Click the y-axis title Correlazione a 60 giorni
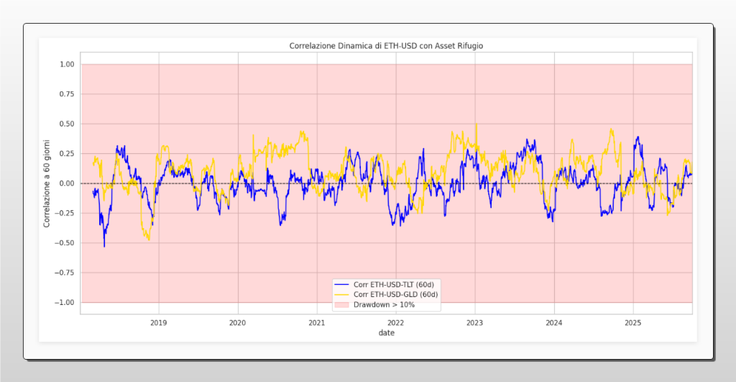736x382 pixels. click(47, 183)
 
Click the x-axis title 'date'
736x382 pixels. click(387, 333)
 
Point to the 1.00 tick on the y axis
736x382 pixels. click(67, 65)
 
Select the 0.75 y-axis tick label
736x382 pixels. click(67, 94)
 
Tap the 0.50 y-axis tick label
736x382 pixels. click(67, 124)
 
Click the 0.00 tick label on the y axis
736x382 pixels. click(67, 183)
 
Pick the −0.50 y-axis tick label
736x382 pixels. click(65, 243)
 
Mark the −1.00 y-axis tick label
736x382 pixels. click(65, 302)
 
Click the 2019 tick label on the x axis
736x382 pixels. click(159, 322)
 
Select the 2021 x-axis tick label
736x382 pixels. click(317, 322)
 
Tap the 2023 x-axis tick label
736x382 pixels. click(475, 322)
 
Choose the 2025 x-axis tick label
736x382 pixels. click(632, 322)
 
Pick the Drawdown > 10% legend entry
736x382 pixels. click(389, 304)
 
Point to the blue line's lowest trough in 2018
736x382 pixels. click(104, 247)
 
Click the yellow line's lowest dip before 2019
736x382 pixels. click(149, 240)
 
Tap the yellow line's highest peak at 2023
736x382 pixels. click(476, 124)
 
